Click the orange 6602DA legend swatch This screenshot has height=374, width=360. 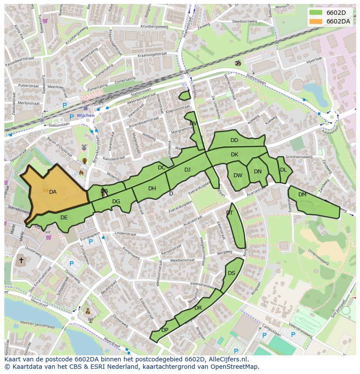[316, 21]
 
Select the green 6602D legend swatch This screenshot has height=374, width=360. [316, 12]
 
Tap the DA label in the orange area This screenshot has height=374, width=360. [53, 192]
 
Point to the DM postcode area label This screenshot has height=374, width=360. [302, 195]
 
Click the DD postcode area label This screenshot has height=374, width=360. [234, 140]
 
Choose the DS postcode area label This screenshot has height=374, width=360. [231, 273]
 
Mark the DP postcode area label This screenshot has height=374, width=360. [164, 330]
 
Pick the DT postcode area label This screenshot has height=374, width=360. [230, 213]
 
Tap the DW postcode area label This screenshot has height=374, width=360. [238, 175]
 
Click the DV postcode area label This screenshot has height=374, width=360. [193, 123]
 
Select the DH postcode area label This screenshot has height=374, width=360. [152, 189]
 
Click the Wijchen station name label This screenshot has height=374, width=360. [85, 116]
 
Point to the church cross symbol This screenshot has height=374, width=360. [21, 261]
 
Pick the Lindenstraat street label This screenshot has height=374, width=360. [125, 233]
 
